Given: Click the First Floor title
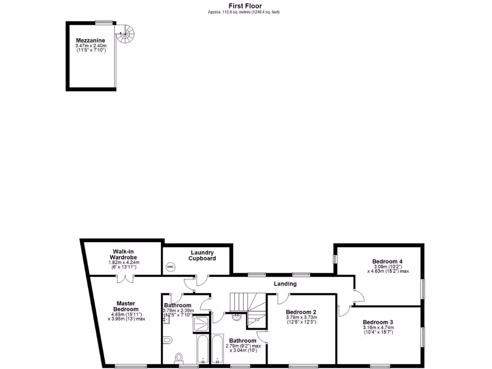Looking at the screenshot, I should (x=245, y=6).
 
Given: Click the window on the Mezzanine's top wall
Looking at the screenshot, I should (x=104, y=22).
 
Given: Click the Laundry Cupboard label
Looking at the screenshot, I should (x=202, y=255).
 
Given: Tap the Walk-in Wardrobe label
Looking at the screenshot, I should (x=123, y=254).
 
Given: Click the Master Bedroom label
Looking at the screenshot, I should (x=127, y=306).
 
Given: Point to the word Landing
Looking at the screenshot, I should (x=285, y=283).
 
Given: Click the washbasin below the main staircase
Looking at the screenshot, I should (x=236, y=317).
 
